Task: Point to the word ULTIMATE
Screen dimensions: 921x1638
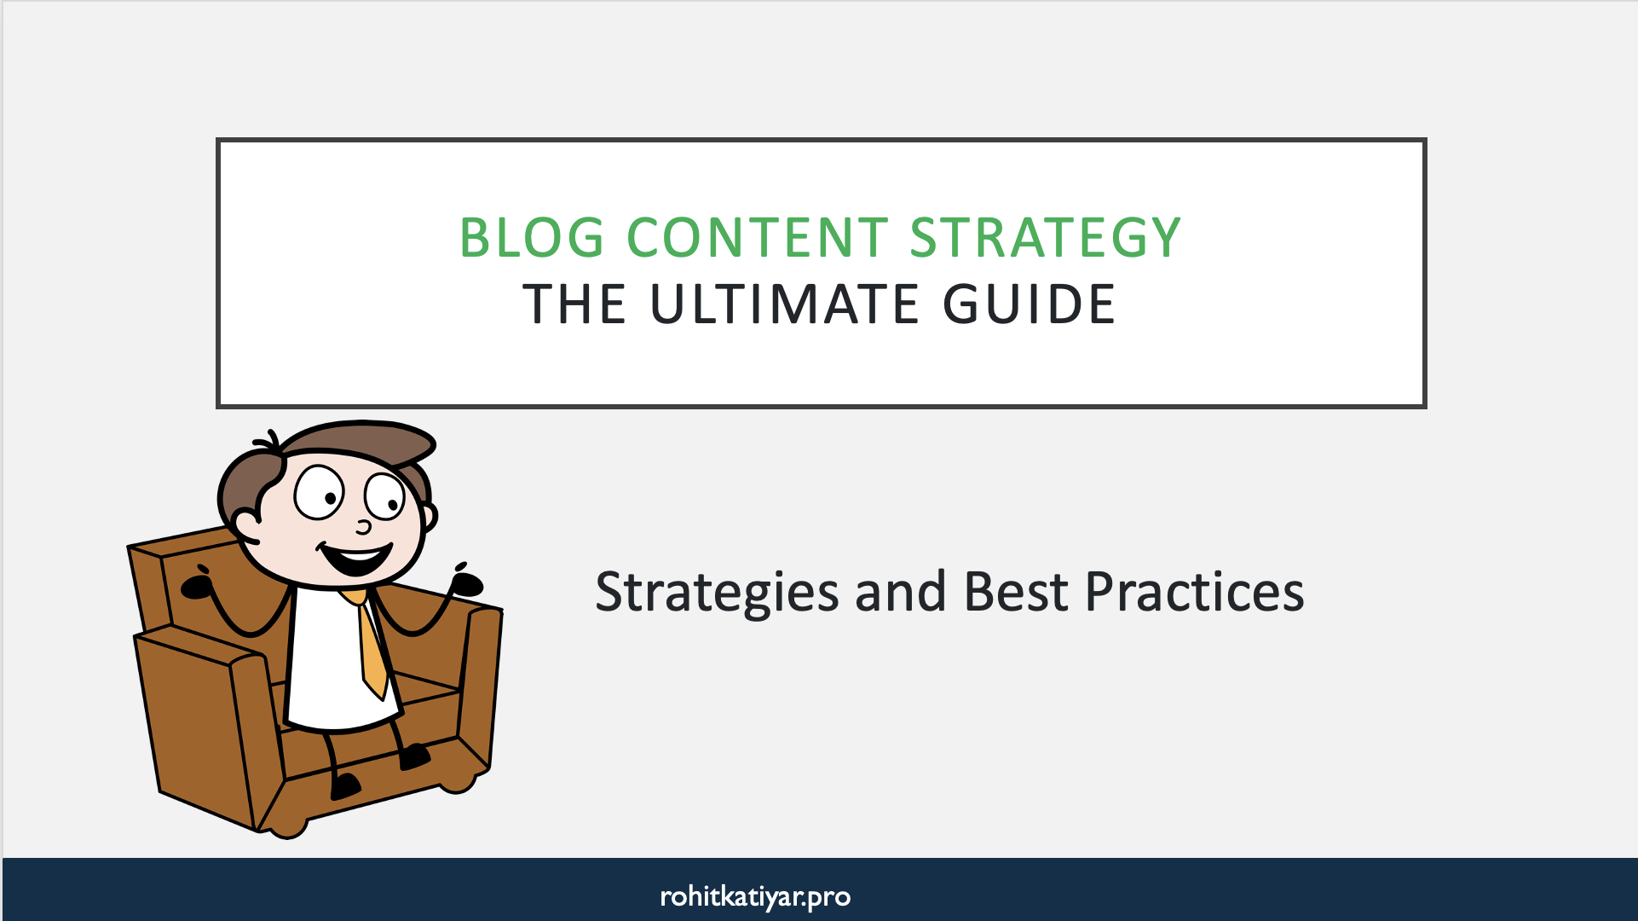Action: [785, 304]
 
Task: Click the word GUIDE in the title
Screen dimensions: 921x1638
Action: [1029, 304]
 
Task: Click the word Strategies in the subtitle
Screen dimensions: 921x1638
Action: [717, 593]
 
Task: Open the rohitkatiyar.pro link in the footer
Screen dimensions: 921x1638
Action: [755, 896]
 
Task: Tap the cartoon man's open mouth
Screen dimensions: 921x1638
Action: [356, 559]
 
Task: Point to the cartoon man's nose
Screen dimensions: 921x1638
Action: [364, 526]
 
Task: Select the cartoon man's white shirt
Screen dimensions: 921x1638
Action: [328, 665]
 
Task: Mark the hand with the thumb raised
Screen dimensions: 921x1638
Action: [465, 582]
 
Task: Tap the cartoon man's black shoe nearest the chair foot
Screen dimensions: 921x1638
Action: [344, 785]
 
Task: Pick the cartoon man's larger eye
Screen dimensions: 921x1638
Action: [319, 492]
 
